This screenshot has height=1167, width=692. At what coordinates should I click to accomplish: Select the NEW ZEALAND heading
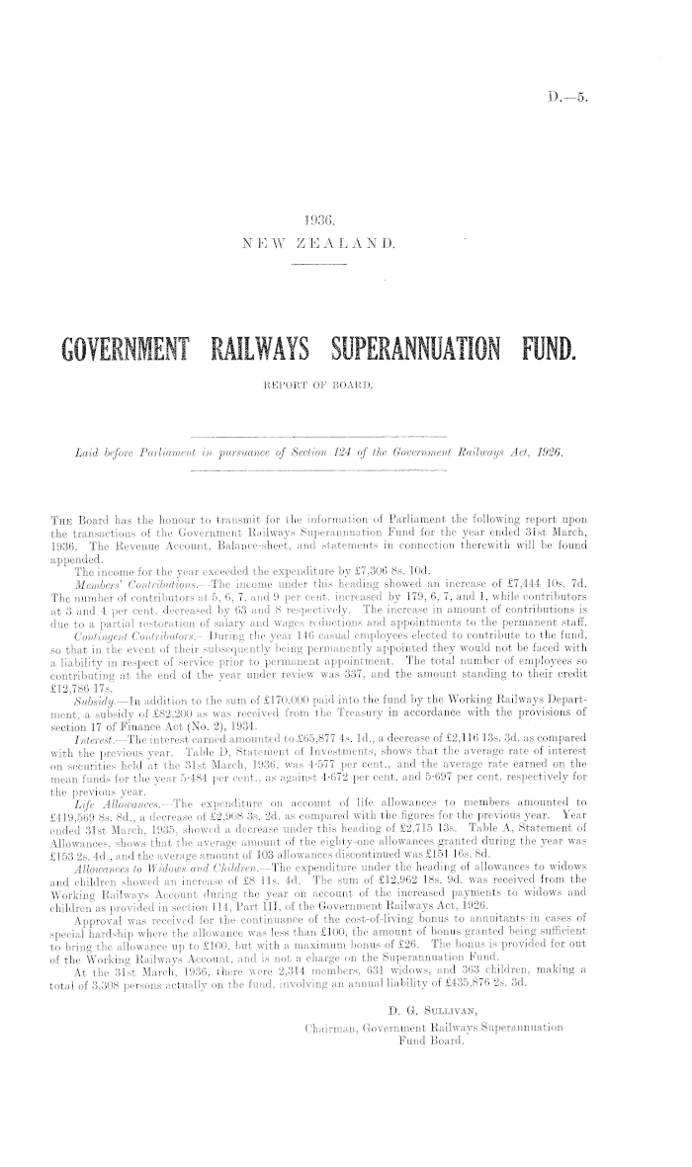[x=324, y=243]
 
